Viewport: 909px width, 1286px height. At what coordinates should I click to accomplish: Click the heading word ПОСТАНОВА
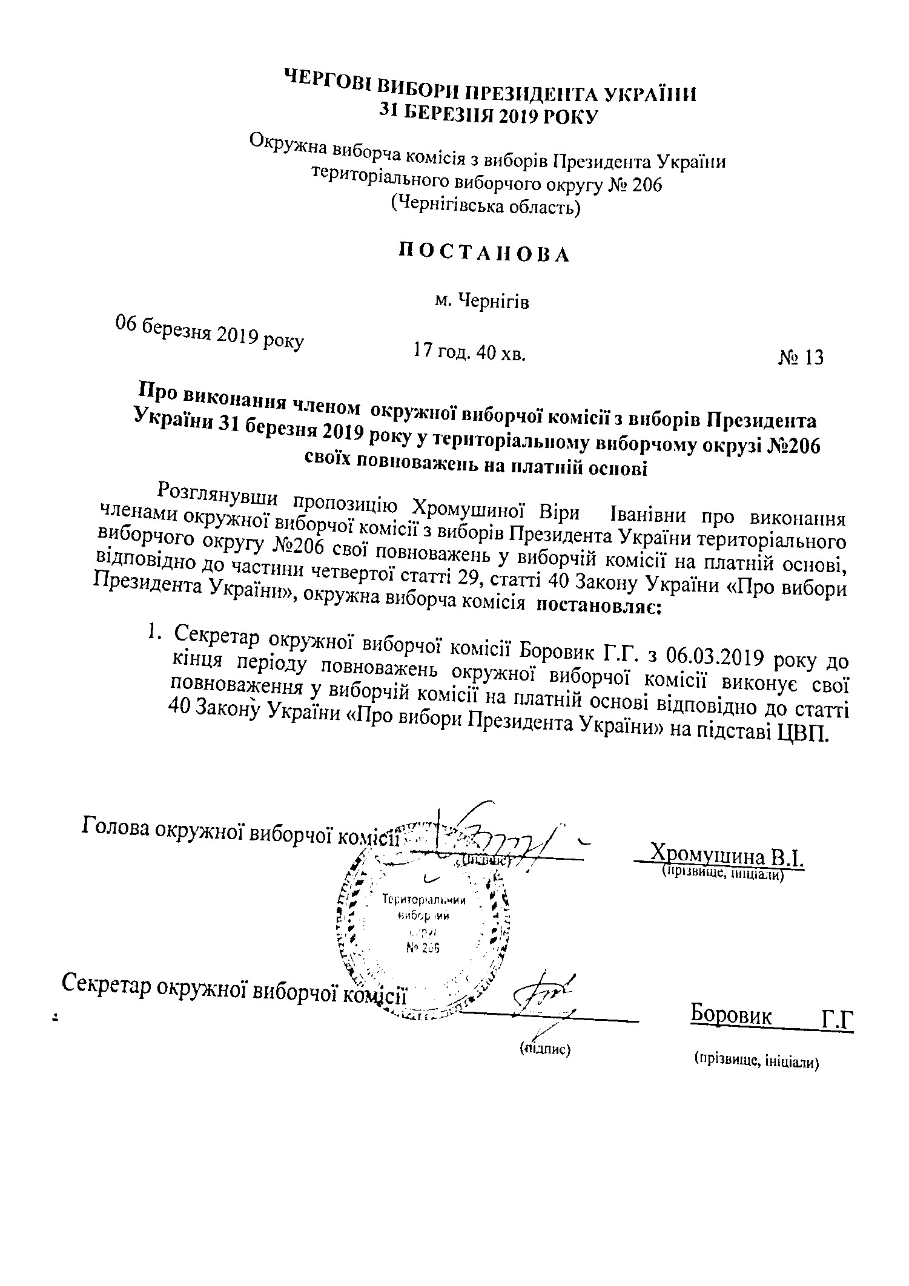pyautogui.click(x=483, y=254)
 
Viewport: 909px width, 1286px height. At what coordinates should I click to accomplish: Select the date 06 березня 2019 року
pyautogui.click(x=210, y=334)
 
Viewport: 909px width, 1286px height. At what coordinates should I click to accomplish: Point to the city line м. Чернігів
pyautogui.click(x=482, y=301)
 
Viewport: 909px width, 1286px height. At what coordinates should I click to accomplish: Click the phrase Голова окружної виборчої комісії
pyautogui.click(x=240, y=831)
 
